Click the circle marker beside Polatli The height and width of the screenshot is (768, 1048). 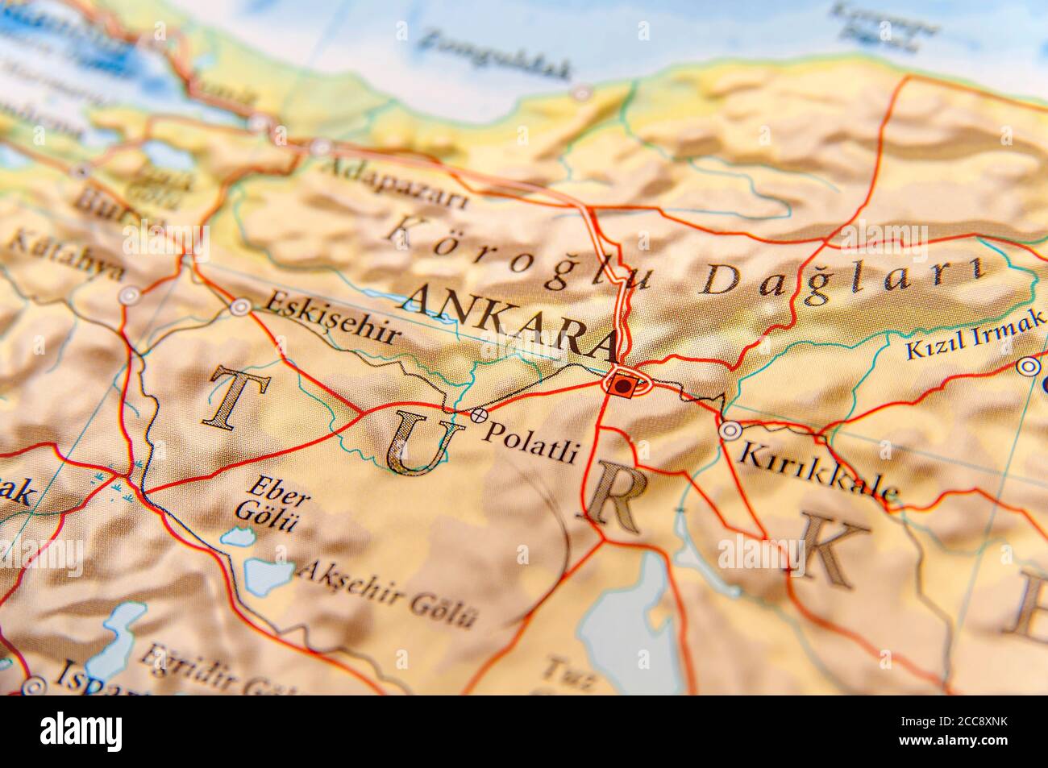pos(479,415)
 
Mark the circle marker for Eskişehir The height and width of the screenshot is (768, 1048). pos(240,307)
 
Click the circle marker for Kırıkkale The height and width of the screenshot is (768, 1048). pos(730,431)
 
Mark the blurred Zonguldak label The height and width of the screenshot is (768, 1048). pos(497,54)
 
